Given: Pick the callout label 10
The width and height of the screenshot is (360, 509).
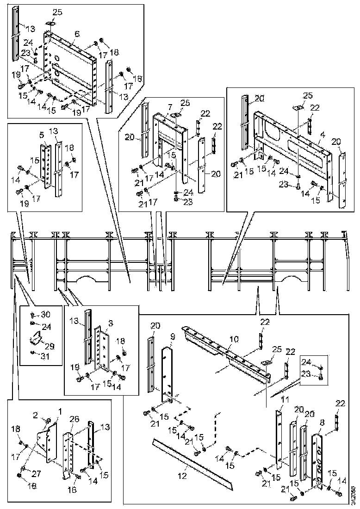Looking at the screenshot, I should click(x=235, y=340).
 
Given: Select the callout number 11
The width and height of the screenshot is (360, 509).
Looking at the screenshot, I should click(x=285, y=399).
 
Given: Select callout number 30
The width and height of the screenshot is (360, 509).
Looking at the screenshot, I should click(x=45, y=315).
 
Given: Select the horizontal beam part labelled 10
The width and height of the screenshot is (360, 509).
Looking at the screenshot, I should click(x=222, y=352).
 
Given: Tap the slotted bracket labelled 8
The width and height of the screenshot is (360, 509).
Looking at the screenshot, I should click(x=319, y=458).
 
